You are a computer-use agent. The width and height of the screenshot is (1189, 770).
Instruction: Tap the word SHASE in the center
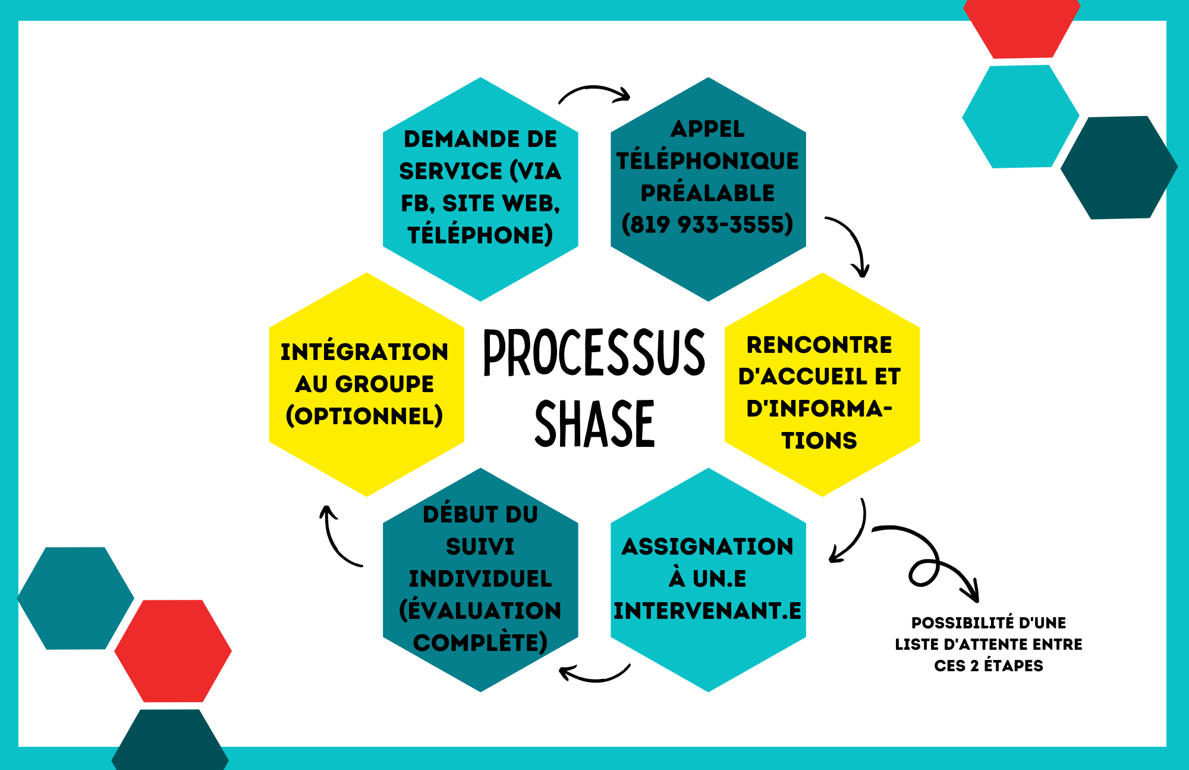tap(594, 424)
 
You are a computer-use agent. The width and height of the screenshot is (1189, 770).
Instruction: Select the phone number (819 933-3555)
tap(707, 225)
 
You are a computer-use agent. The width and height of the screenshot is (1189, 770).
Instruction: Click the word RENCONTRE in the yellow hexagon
tap(819, 345)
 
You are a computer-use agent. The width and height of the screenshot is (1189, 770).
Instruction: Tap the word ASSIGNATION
tap(707, 546)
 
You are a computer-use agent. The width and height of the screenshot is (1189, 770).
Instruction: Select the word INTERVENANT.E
tap(707, 611)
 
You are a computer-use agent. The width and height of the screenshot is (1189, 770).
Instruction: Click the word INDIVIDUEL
tap(480, 578)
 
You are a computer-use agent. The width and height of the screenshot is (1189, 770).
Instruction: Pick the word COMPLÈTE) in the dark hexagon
tap(480, 643)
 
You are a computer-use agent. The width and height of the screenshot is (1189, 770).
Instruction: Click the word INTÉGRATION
tap(364, 351)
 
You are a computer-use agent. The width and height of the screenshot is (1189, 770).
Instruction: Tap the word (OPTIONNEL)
tap(364, 416)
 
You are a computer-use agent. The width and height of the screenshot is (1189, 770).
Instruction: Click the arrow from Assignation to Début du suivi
tap(594, 678)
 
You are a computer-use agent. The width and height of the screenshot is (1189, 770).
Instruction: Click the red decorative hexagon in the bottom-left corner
tap(173, 651)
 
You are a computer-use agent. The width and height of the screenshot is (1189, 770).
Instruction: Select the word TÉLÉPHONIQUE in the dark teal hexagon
tap(707, 161)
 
